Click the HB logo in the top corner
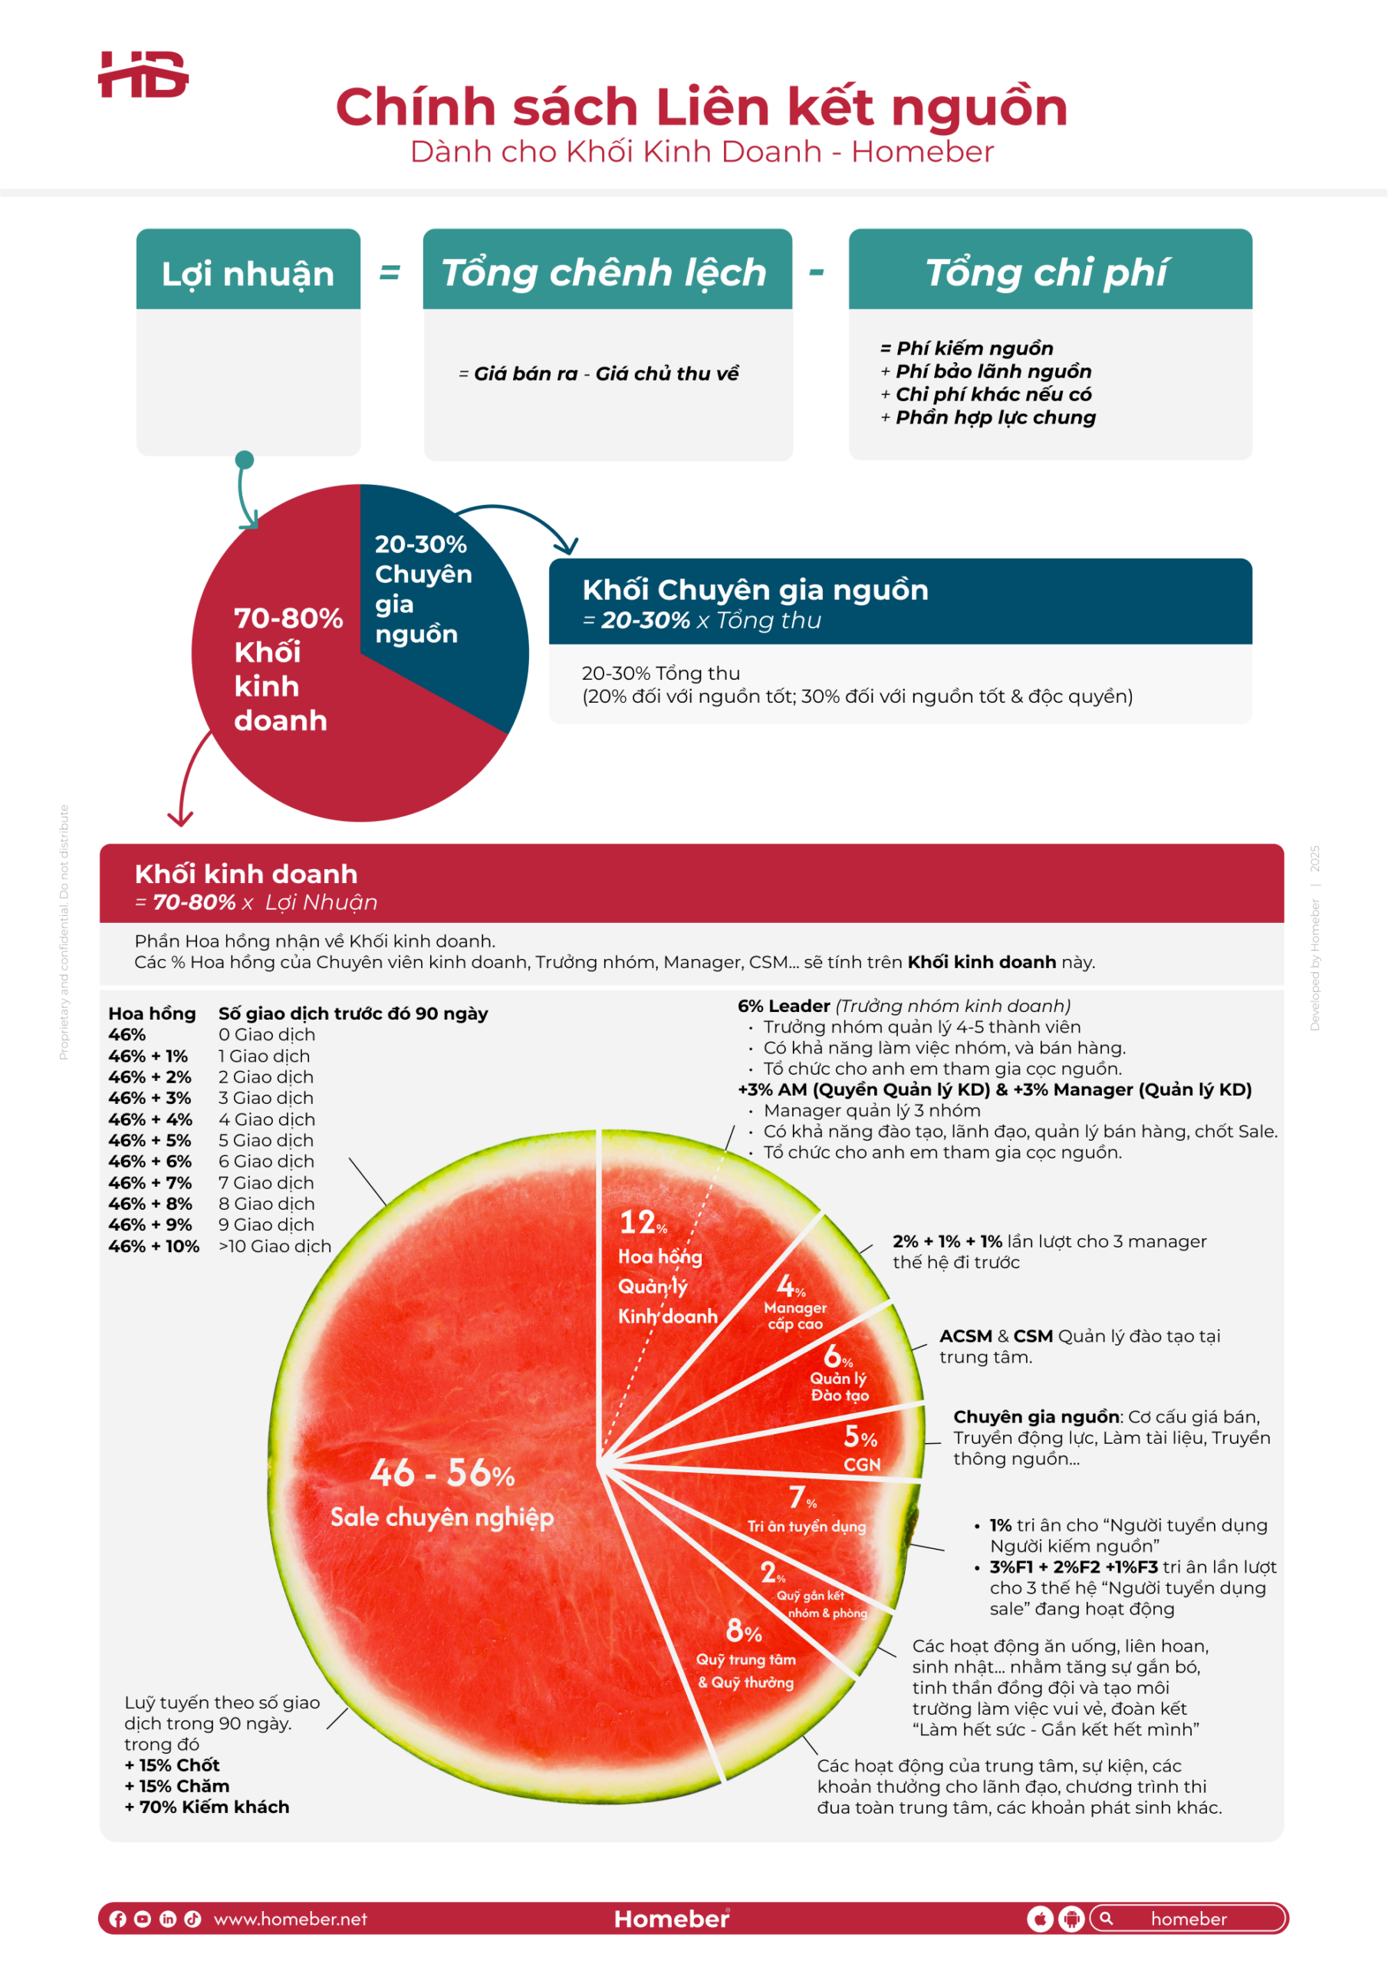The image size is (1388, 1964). tap(143, 74)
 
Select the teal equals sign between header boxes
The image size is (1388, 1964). tap(390, 273)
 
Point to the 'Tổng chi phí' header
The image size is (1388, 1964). tap(1047, 273)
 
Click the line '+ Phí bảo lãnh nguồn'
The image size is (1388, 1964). tap(986, 371)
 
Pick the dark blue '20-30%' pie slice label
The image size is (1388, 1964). tap(421, 544)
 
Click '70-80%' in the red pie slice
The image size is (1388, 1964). tap(288, 618)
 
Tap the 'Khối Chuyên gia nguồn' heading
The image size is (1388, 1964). tap(755, 590)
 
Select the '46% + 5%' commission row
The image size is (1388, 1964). tap(150, 1140)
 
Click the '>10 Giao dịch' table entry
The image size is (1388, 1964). tap(275, 1247)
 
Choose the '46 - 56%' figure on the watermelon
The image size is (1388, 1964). tap(442, 1474)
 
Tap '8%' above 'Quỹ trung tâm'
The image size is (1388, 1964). tap(743, 1631)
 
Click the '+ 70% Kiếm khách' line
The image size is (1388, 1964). tap(207, 1807)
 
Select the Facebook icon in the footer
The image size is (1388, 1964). tap(118, 1919)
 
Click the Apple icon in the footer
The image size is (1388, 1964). tap(1039, 1919)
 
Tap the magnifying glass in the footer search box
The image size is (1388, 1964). tap(1107, 1918)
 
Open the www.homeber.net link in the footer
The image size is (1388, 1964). tap(290, 1919)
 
